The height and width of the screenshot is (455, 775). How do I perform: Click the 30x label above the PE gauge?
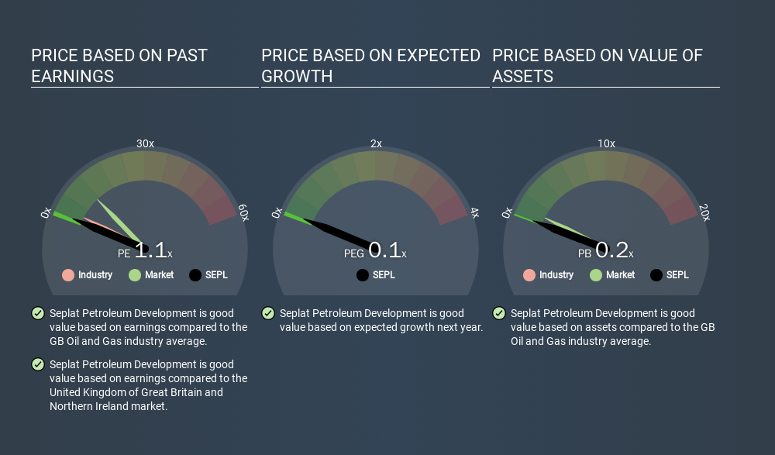[x=145, y=143]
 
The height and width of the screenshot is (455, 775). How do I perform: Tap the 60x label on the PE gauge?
[x=243, y=212]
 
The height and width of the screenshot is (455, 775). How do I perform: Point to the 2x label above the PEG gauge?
[x=376, y=143]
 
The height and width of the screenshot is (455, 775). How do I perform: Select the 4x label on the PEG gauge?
[x=474, y=212]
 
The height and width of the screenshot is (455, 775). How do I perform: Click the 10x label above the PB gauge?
[x=607, y=143]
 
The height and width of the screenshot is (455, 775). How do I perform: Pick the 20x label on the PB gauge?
[x=704, y=212]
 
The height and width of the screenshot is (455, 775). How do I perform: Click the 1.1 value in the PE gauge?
[x=151, y=250]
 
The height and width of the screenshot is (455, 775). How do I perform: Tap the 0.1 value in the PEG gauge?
[x=384, y=250]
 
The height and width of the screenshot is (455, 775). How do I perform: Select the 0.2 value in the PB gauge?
[x=612, y=250]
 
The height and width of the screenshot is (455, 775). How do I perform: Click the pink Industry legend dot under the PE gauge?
[x=68, y=275]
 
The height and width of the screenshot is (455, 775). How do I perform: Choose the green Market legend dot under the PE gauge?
[x=135, y=275]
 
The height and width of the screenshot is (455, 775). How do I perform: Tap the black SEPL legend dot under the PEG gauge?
[x=363, y=275]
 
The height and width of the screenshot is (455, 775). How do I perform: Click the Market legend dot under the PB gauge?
[x=596, y=275]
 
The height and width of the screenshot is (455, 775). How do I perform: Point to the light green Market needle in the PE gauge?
[x=119, y=221]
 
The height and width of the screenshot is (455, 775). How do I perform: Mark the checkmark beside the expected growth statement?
[x=268, y=313]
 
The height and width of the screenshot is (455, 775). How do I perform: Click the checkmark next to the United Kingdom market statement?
[x=38, y=364]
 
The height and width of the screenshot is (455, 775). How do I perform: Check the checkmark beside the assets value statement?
[x=499, y=313]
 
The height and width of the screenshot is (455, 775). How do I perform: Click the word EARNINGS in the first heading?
[x=73, y=77]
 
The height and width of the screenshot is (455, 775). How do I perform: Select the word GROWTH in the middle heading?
[x=297, y=77]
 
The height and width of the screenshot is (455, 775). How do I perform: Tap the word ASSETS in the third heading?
[x=523, y=77]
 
